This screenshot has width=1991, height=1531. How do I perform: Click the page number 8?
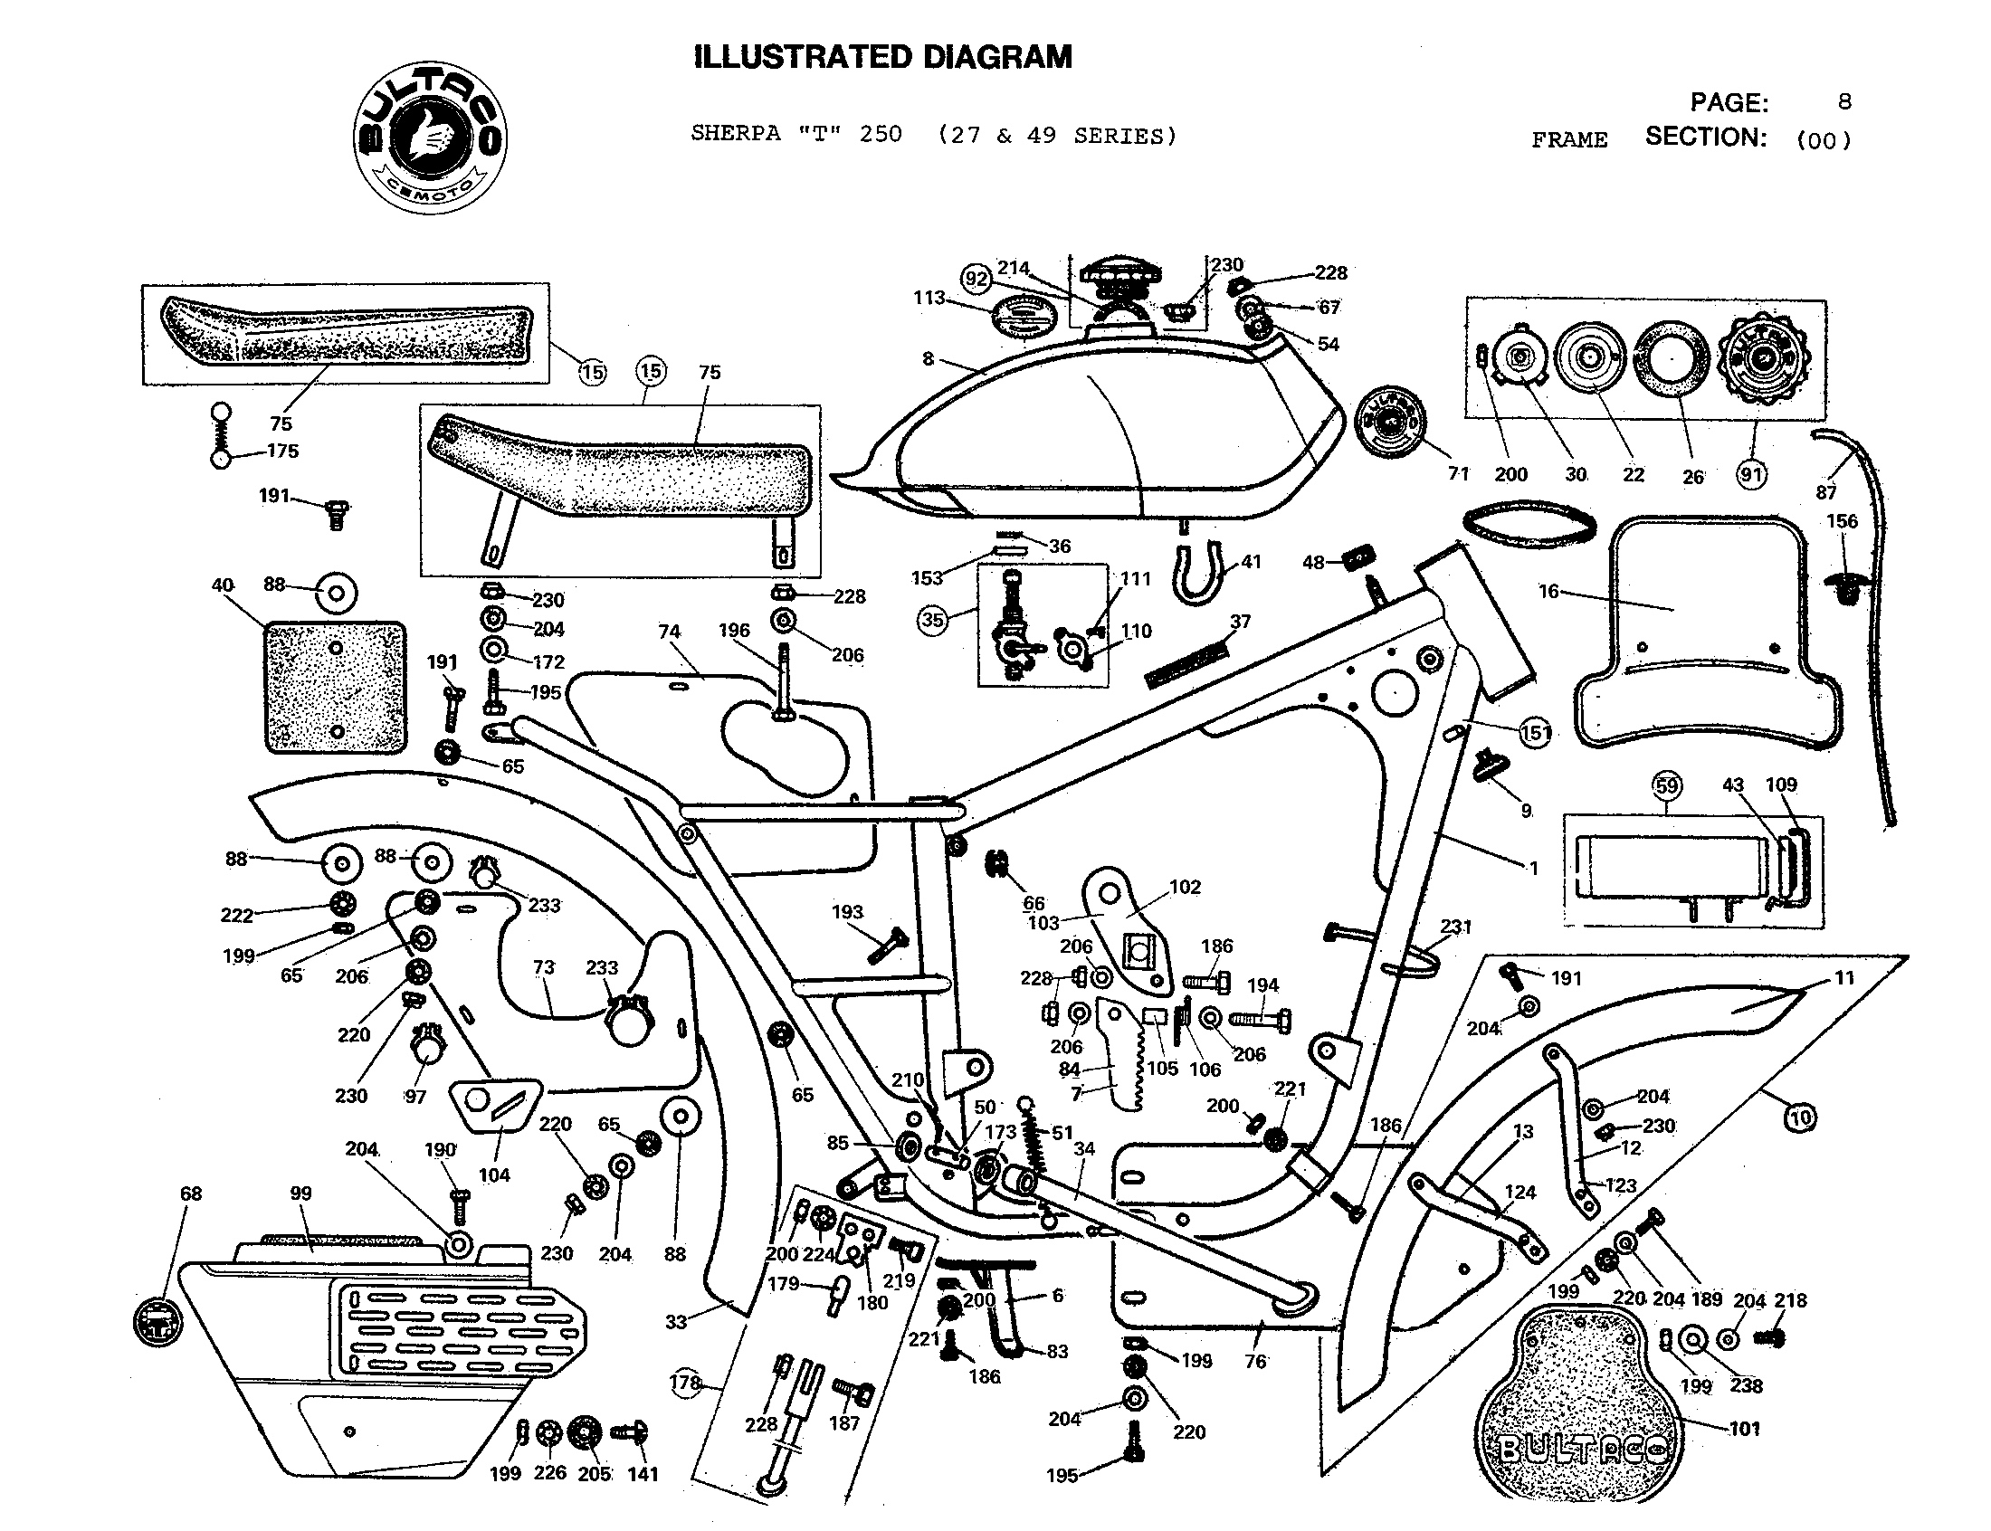[1844, 101]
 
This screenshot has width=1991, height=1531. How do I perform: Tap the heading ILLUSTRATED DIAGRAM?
[882, 57]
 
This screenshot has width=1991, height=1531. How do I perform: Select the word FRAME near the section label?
[1569, 140]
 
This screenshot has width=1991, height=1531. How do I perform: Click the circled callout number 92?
[976, 279]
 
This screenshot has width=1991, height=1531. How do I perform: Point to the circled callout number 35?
[932, 621]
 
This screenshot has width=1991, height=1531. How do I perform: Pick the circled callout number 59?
[1667, 785]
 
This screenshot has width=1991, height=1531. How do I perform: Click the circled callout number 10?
[1801, 1117]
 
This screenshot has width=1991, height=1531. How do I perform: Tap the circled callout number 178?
[685, 1383]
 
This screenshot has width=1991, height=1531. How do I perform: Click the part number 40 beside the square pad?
[223, 585]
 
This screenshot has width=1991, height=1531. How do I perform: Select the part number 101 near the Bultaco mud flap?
[1744, 1429]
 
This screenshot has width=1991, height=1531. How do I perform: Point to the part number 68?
[190, 1193]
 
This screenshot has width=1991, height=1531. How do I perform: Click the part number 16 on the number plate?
[1548, 592]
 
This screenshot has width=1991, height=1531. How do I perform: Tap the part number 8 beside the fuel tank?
[928, 358]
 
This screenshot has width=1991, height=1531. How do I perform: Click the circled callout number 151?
[1536, 733]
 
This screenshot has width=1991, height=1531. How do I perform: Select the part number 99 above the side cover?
[300, 1193]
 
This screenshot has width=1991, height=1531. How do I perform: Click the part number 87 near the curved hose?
[1825, 492]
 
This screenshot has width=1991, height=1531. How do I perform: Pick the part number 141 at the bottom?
[643, 1474]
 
